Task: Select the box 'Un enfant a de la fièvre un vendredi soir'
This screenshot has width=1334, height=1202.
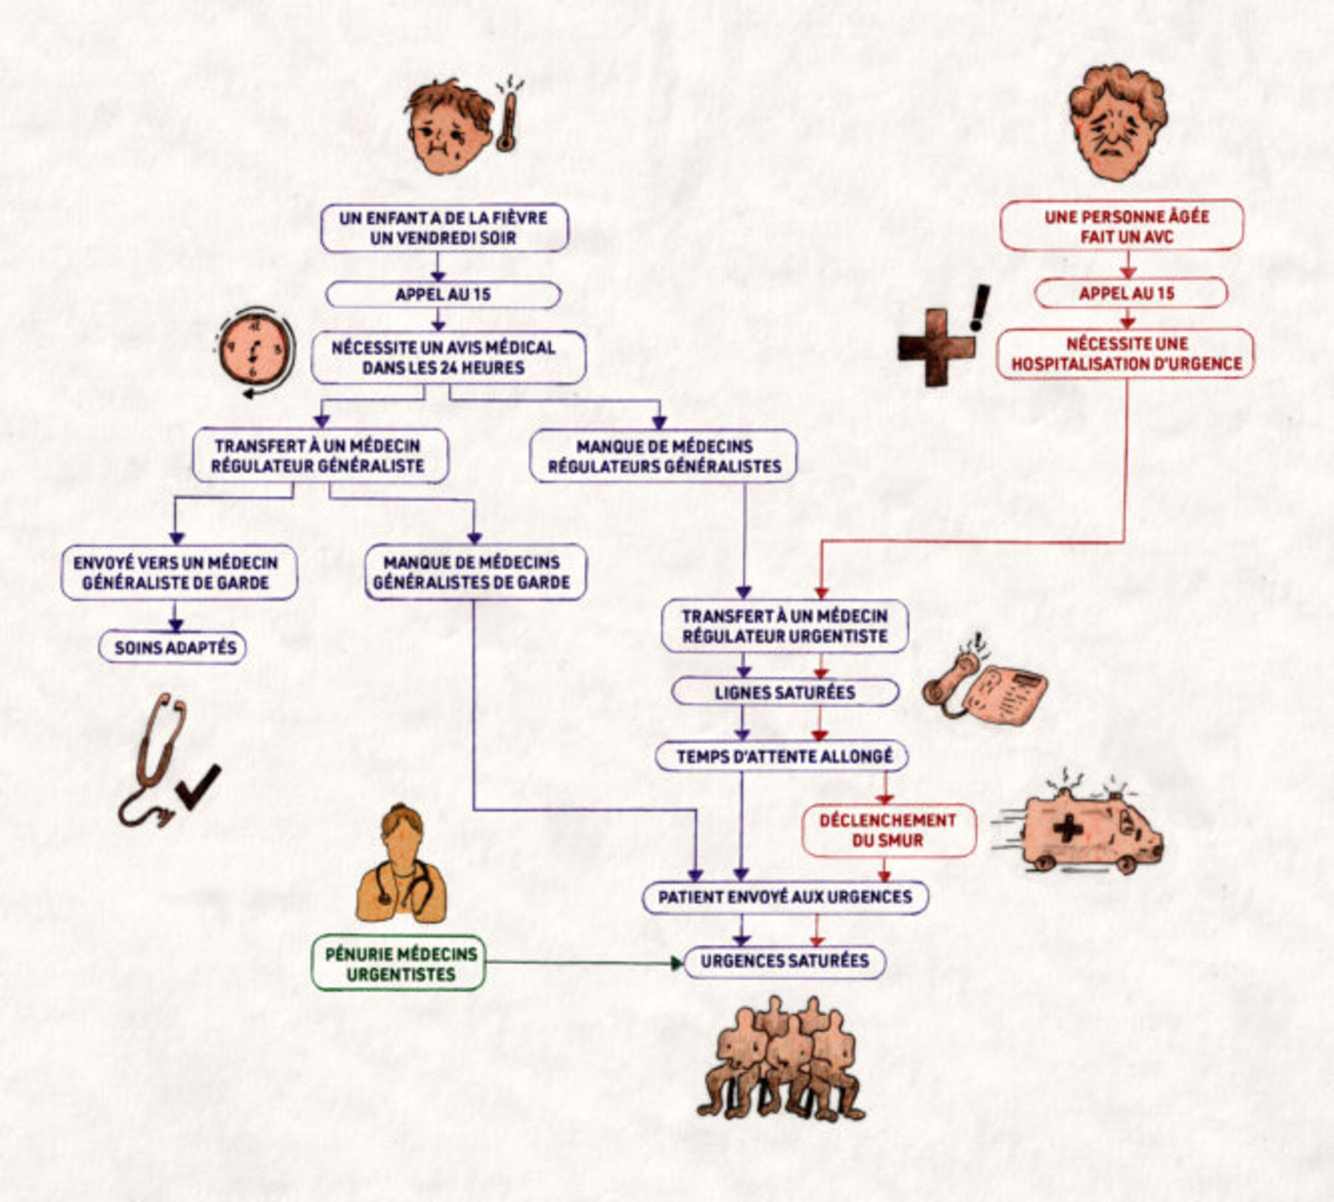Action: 444,228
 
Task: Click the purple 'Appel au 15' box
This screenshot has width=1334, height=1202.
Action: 443,295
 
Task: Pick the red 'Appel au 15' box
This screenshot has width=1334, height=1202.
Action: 1130,294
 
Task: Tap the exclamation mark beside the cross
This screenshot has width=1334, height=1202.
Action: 980,307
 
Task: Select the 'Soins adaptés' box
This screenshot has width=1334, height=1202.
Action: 173,647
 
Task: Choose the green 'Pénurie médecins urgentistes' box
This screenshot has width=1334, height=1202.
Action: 399,964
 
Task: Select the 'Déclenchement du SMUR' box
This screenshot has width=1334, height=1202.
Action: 888,830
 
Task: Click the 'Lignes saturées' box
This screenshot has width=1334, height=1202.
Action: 785,692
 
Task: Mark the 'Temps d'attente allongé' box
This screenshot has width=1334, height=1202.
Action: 783,756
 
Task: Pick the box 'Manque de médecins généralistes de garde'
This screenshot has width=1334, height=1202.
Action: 475,572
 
